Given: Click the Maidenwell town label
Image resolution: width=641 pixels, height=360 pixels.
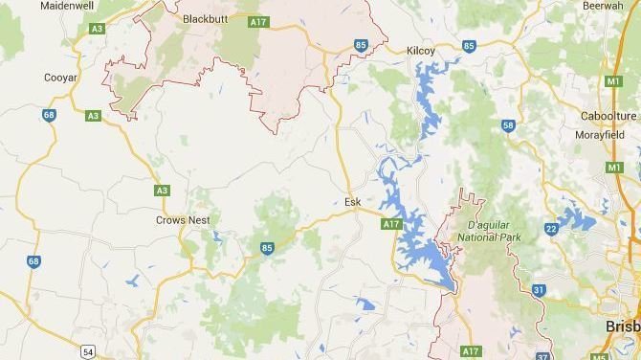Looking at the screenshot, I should point(65,6).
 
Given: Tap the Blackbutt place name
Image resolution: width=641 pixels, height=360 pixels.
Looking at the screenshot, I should point(205,17).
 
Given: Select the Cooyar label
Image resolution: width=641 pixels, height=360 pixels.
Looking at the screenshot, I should point(60,78).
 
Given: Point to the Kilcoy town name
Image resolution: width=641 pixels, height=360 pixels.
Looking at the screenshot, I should point(421,49).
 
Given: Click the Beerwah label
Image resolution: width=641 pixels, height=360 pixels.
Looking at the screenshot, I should point(603,6).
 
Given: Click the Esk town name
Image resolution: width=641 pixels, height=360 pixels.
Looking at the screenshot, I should point(352,202).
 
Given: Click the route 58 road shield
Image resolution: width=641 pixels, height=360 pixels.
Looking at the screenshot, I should point(507,125).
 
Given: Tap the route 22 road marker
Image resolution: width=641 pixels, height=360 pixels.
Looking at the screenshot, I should point(551,228).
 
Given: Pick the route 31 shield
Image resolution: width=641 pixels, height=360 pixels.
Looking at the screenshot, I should point(539,290).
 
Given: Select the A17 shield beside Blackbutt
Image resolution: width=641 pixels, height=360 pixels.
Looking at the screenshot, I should point(256,21).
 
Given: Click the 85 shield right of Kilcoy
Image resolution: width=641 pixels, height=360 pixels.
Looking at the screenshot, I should point(469,46).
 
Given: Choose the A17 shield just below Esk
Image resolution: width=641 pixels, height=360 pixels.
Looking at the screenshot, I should point(389,224).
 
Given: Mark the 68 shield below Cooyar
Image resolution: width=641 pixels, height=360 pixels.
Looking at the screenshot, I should point(49,115).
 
